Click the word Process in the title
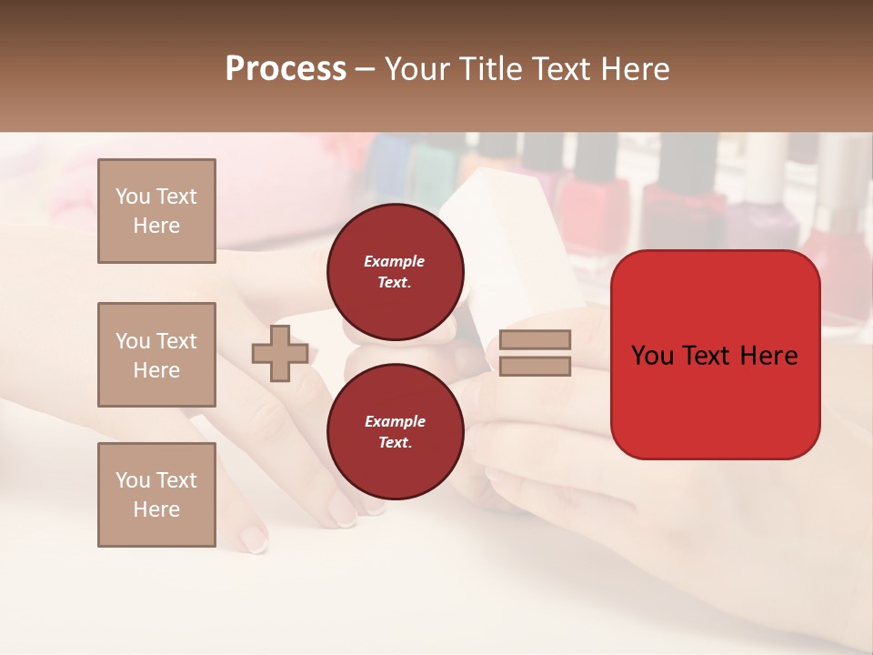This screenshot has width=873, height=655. [x=286, y=69]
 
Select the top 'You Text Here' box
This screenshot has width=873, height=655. [x=156, y=211]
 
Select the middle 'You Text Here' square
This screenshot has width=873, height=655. [x=156, y=355]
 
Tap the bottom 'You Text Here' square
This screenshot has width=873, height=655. [x=156, y=495]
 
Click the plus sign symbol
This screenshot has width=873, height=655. [x=280, y=354]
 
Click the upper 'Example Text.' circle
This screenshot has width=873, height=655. [x=395, y=272]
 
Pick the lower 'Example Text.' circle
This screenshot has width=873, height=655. [x=395, y=432]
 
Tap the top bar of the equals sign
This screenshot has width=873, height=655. [x=536, y=340]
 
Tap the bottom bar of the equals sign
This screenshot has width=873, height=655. [x=536, y=367]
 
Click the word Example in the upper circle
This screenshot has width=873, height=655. [x=395, y=261]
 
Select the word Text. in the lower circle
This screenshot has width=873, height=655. [x=395, y=443]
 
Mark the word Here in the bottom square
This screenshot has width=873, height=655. [x=156, y=509]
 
